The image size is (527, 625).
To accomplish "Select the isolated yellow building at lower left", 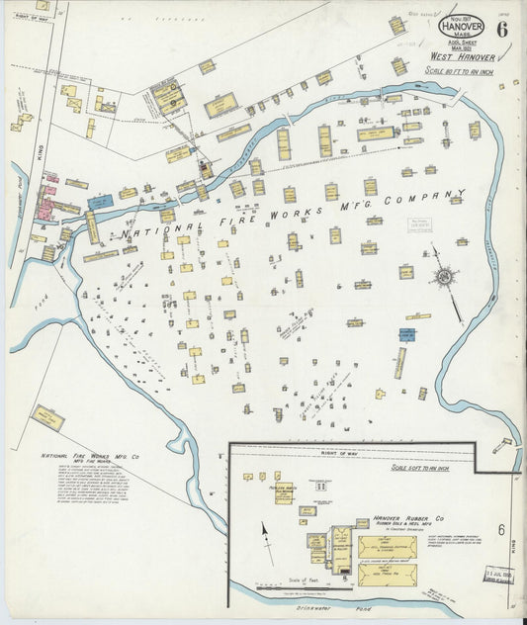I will click(x=47, y=417).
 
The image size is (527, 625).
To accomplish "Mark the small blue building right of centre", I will click(x=407, y=335).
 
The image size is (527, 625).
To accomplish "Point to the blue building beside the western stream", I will click(x=100, y=202).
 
